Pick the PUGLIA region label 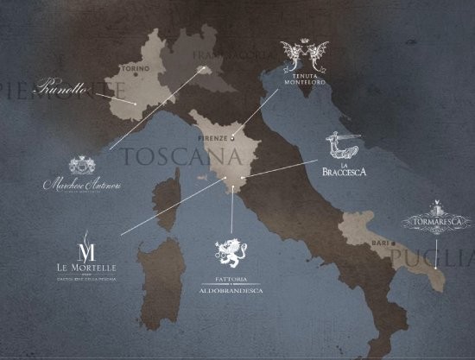(432, 256)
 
